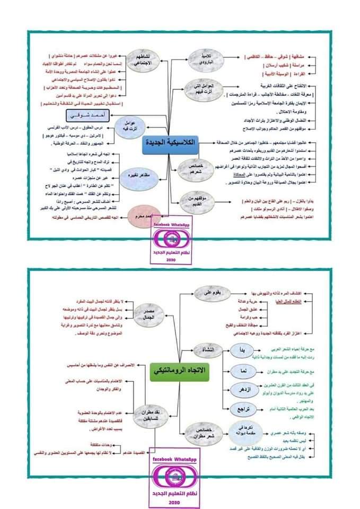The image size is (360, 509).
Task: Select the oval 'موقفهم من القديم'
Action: [192, 200]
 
